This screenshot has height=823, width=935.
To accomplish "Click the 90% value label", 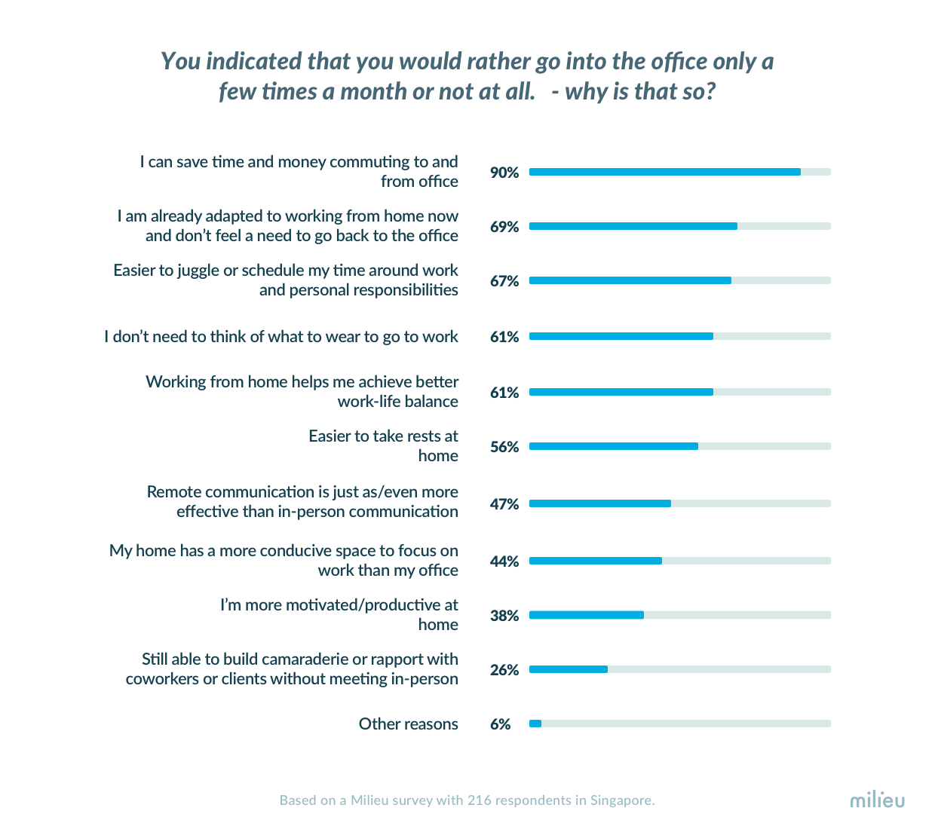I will coord(504,173).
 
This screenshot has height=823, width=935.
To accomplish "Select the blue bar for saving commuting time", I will coord(664,172).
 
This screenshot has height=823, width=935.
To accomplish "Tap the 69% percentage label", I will coord(504,227).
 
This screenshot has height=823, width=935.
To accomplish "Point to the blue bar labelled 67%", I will coord(630,280).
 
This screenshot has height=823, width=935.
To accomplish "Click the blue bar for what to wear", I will coord(621,336).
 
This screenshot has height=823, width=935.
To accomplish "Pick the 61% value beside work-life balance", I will coord(504,393).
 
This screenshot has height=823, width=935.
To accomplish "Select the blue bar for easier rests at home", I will coord(613,446).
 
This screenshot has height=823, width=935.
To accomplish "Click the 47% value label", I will coord(504,504).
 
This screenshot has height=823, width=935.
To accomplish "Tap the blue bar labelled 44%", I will coord(595,561).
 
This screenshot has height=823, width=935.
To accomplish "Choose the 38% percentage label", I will coord(504,616).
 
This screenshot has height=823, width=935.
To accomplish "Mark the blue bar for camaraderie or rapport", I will coord(568,669).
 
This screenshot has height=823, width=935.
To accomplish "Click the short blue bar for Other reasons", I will coord(535,724).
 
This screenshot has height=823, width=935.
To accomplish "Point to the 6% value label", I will coord(500,724).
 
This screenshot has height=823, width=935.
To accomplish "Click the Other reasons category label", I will coord(408,724).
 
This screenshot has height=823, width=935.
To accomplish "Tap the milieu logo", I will coord(877,800).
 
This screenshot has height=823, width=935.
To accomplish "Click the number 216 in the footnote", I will coord(479,800).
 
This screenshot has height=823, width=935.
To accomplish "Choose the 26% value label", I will coord(504,670).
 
